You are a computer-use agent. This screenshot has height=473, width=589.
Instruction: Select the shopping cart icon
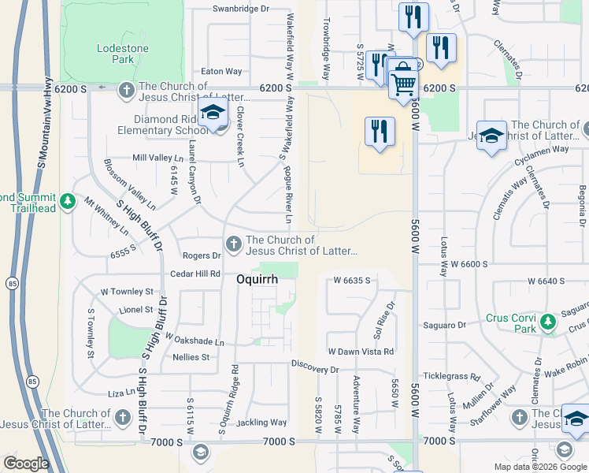(403, 81)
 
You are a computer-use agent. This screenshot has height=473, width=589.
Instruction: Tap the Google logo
(26, 464)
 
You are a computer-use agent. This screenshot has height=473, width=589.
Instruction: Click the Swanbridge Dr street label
(240, 9)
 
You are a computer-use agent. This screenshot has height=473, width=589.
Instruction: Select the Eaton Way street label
(221, 71)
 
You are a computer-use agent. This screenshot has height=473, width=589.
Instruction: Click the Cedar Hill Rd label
(195, 274)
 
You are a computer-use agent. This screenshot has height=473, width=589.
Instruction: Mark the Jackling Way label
(261, 423)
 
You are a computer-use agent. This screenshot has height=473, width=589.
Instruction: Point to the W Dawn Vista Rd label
(360, 351)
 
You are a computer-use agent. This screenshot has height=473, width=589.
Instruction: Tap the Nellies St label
(191, 357)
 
